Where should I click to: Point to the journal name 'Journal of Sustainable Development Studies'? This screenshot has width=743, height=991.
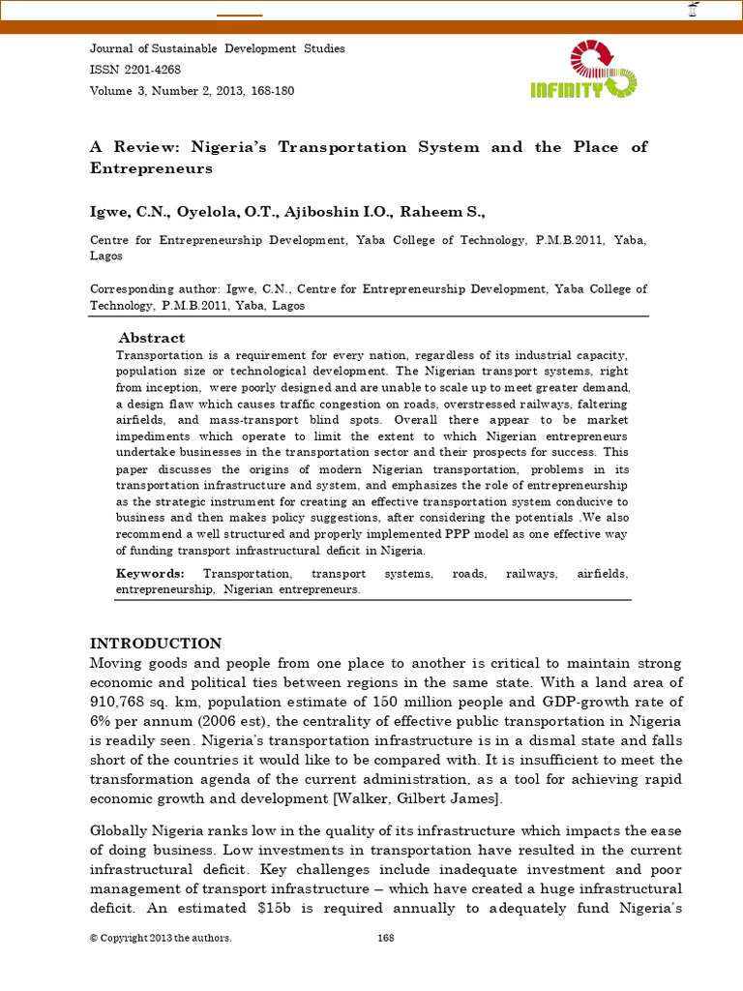(217, 48)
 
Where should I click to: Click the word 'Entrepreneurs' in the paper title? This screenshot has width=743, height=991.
(151, 168)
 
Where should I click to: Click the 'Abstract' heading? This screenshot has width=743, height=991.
(151, 338)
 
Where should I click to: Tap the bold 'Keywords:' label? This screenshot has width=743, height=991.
(150, 574)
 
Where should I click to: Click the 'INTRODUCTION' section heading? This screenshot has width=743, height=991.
(156, 644)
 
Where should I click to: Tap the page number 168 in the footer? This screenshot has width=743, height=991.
(385, 939)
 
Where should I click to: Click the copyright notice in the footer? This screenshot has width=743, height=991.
(161, 939)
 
